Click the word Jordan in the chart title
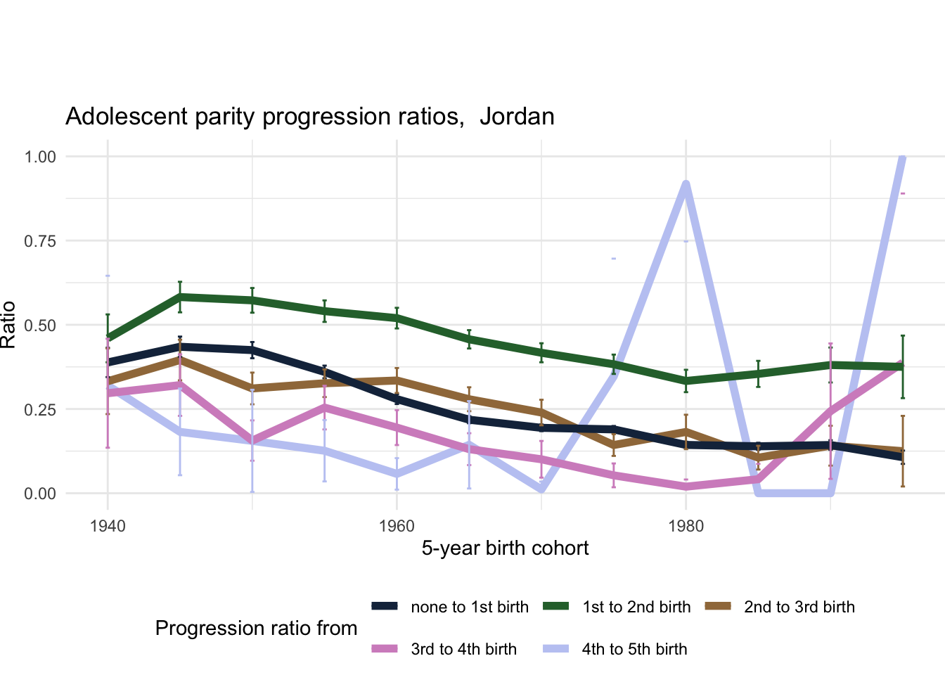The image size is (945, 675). (x=517, y=117)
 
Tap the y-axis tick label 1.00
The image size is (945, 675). (x=40, y=157)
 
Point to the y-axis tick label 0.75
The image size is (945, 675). (x=40, y=241)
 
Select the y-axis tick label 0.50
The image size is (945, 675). (x=40, y=326)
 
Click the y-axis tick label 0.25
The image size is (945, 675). (x=40, y=410)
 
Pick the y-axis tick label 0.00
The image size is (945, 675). (x=40, y=494)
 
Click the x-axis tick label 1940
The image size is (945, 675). (x=108, y=527)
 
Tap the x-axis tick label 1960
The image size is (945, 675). (x=397, y=527)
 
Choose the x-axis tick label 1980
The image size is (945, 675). (x=686, y=527)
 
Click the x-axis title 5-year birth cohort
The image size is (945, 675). (x=505, y=548)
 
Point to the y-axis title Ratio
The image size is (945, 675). (x=8, y=325)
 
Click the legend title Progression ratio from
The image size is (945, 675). (x=256, y=629)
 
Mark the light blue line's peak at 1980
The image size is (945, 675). (x=686, y=184)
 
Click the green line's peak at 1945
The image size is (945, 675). (x=180, y=297)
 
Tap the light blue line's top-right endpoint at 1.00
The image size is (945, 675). (x=902, y=157)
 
